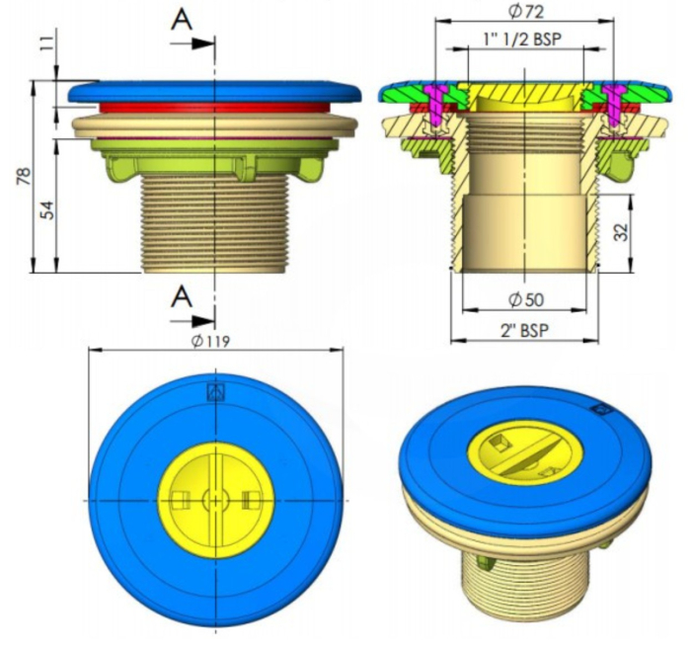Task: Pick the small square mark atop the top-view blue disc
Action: click(x=215, y=391)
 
